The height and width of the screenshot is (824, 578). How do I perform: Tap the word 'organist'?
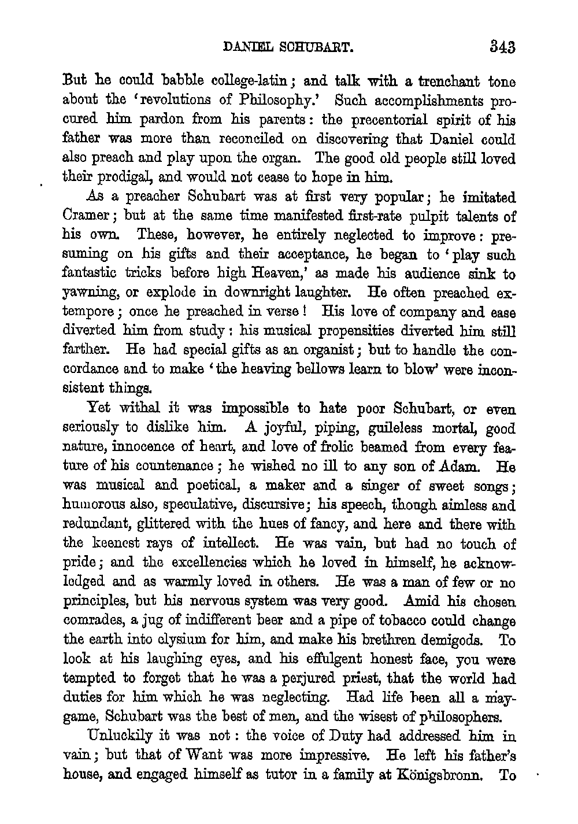point(331,351)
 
